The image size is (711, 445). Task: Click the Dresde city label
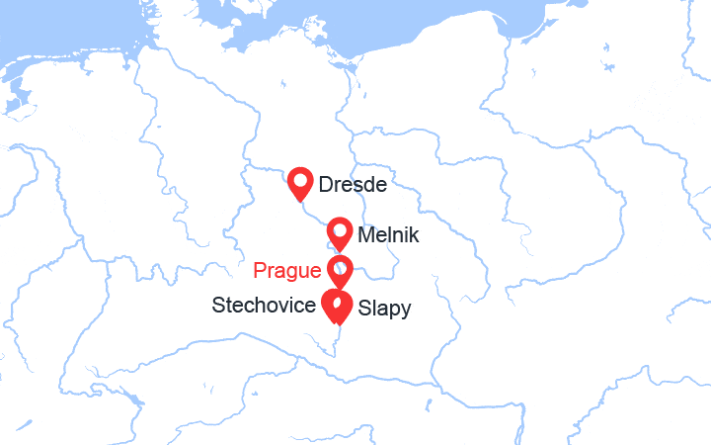[x=352, y=184]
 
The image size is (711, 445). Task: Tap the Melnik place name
[x=389, y=236]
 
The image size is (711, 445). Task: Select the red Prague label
[x=287, y=270]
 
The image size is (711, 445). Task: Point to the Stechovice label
[x=264, y=306]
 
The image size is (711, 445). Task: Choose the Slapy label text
[x=384, y=309]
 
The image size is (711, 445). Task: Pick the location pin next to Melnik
[x=340, y=233]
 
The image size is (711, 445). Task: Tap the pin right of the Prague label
[x=340, y=270]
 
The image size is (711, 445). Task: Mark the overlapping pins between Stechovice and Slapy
[x=338, y=307]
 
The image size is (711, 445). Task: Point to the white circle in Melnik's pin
[x=340, y=229]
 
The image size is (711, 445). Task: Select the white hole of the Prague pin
[x=340, y=266]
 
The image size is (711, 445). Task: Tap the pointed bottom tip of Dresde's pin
[x=301, y=202]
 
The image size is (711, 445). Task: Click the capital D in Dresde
[x=326, y=184]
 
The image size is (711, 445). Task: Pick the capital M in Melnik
[x=366, y=236]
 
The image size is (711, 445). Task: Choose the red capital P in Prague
[x=260, y=270]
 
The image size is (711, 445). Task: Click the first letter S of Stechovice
[x=218, y=306]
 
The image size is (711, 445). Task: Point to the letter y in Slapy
[x=406, y=311]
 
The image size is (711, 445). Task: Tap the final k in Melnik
[x=415, y=236]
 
